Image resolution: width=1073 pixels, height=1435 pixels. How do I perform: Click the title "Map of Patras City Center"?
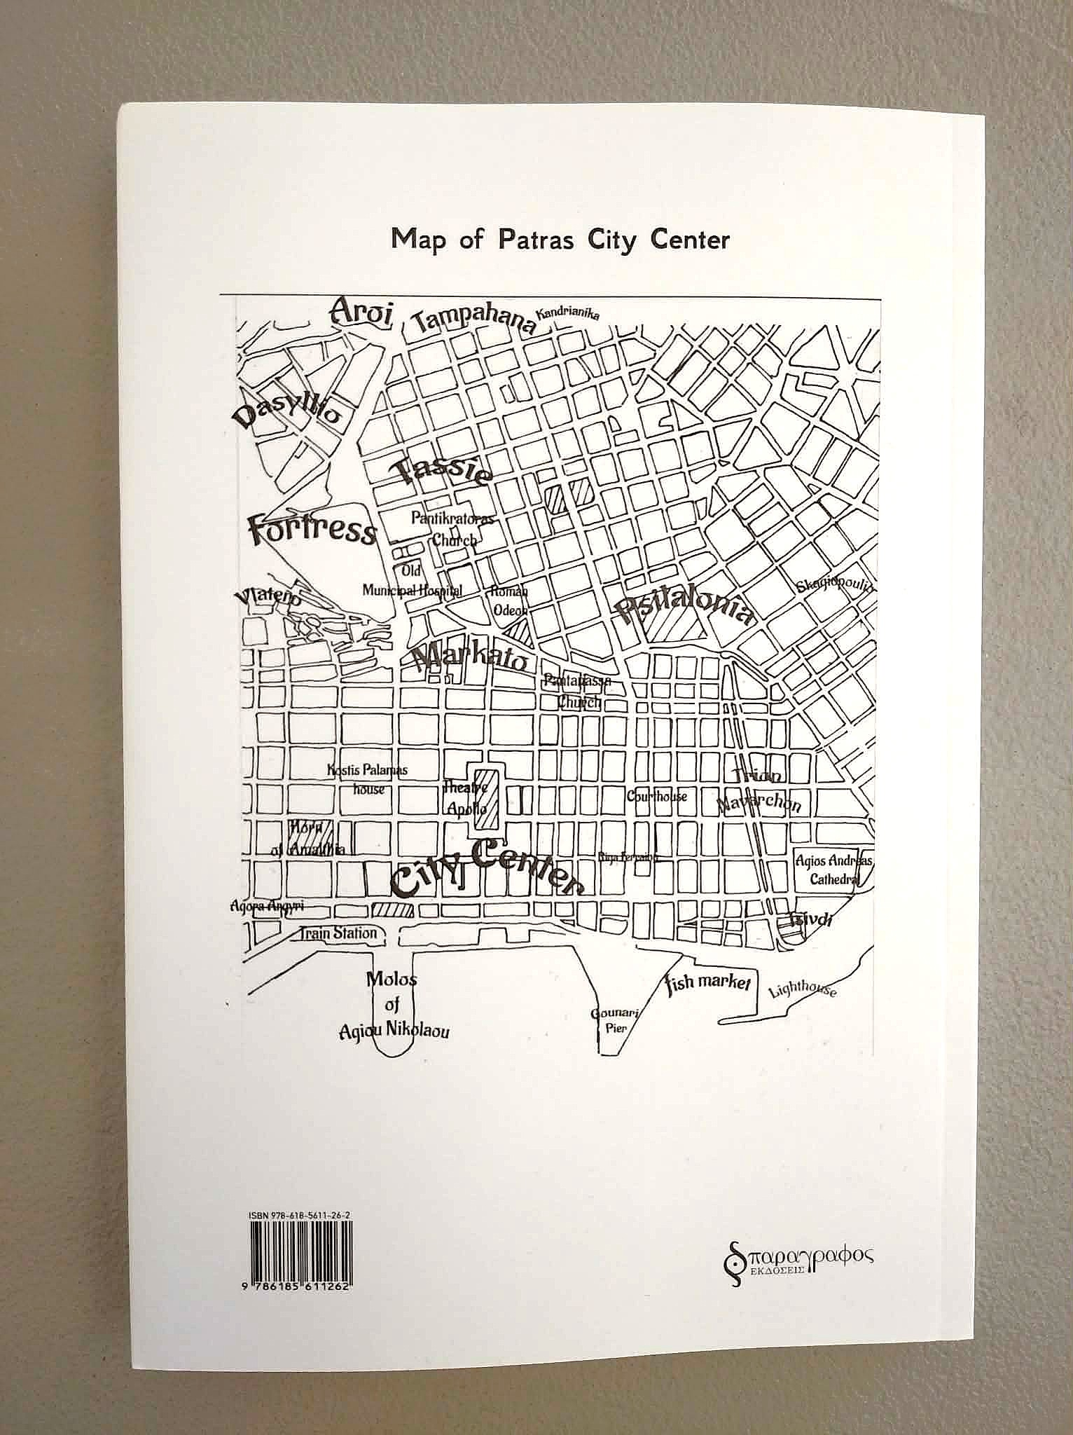[560, 240]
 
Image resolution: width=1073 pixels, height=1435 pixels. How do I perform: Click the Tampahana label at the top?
[473, 322]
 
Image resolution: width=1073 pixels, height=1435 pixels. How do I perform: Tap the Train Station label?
[338, 933]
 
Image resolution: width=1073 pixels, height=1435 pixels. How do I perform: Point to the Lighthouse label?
[802, 989]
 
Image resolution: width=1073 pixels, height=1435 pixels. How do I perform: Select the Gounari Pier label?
[608, 1020]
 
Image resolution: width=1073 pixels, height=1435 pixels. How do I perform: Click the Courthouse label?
[657, 796]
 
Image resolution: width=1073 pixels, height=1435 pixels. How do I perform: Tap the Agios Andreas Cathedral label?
[833, 869]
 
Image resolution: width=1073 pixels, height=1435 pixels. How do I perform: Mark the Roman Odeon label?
[509, 600]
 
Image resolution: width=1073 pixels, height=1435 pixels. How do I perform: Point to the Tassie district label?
[443, 469]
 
